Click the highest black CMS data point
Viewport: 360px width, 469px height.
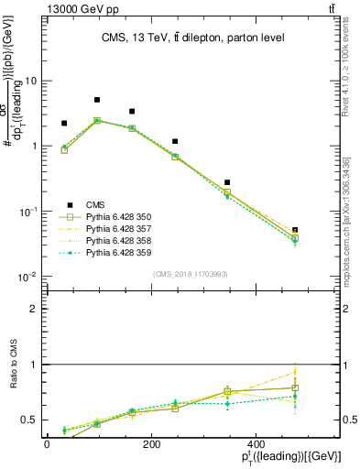pyautogui.click(x=97, y=100)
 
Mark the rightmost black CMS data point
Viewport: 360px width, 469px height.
pyautogui.click(x=294, y=230)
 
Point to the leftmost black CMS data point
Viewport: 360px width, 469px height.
pyautogui.click(x=64, y=123)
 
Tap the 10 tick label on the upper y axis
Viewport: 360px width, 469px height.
pyautogui.click(x=30, y=81)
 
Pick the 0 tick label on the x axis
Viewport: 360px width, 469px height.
pyautogui.click(x=47, y=443)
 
